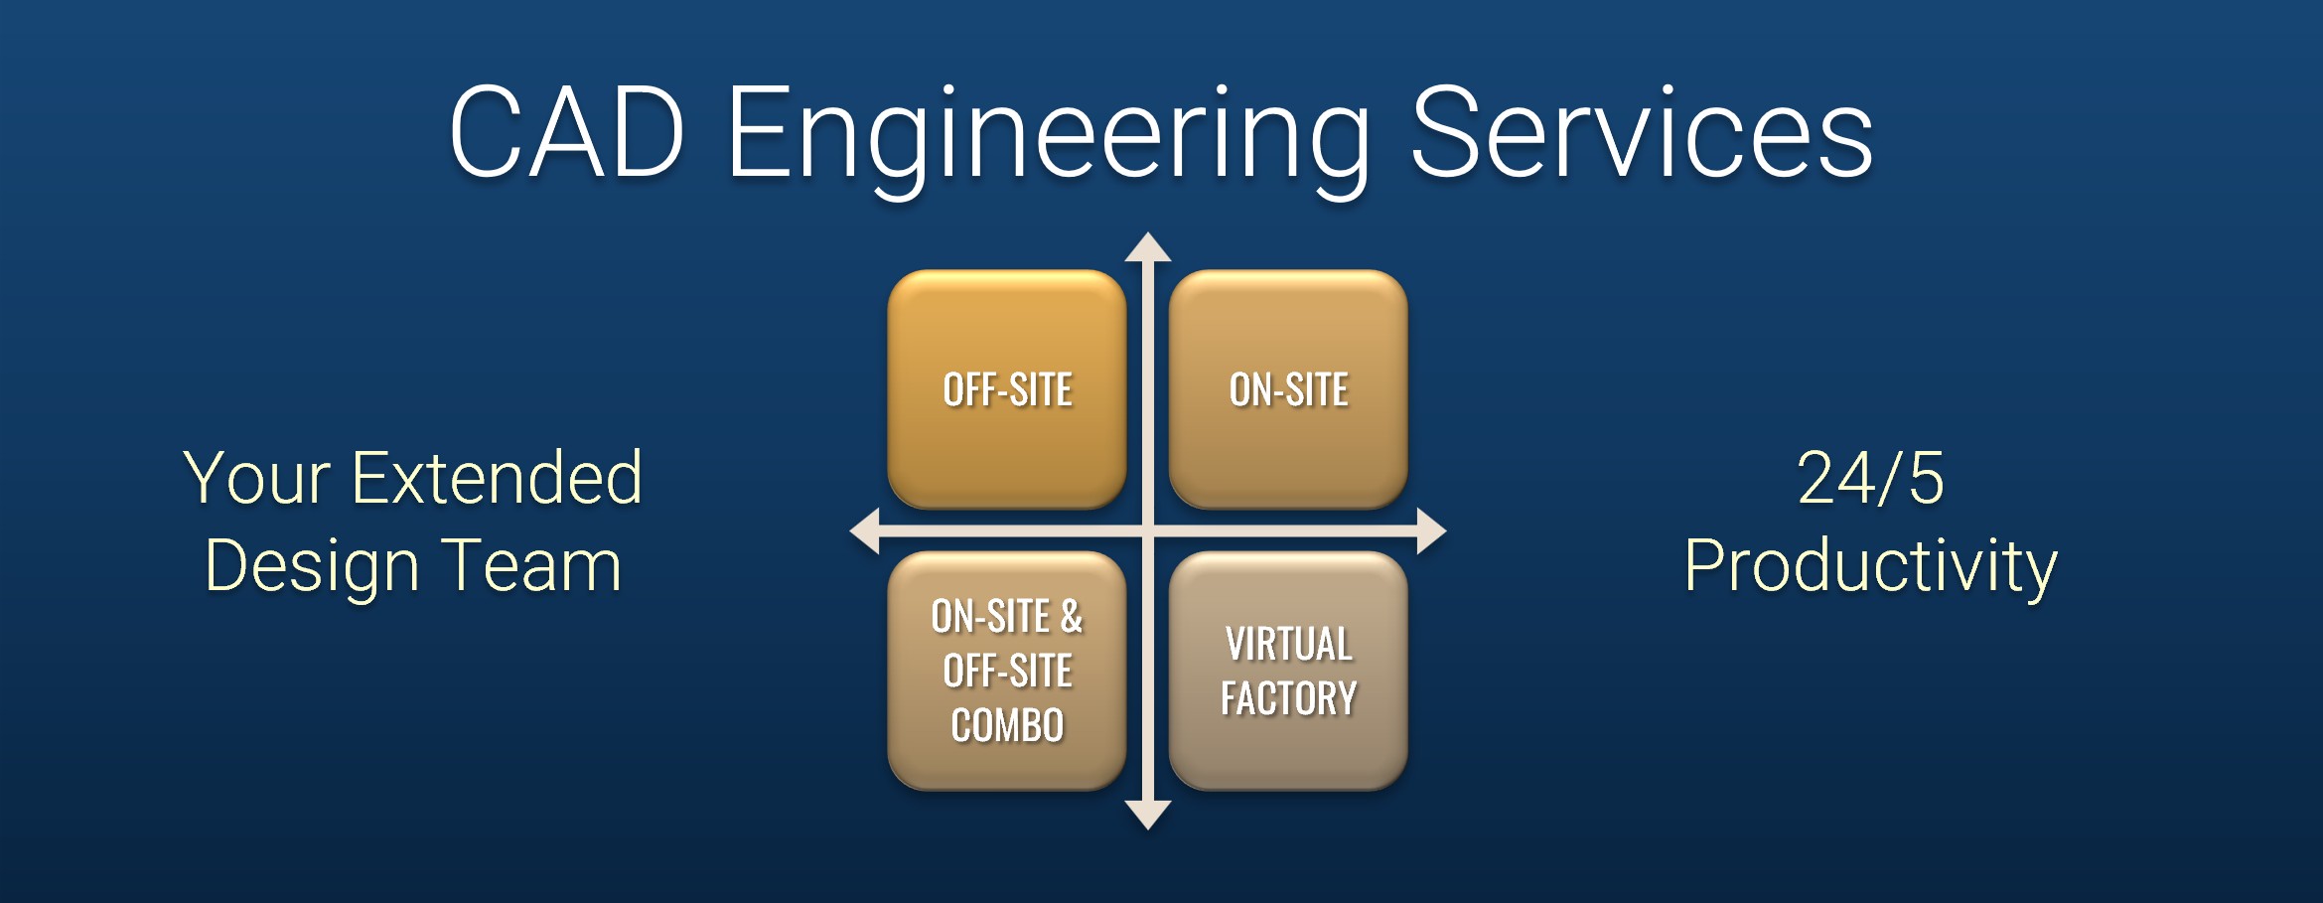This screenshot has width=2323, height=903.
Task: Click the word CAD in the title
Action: pos(566,133)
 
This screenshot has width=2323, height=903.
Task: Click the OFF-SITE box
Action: pos(1007,389)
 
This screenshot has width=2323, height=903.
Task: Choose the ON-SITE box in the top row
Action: pos(1288,389)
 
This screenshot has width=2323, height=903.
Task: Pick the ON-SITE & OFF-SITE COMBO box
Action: pos(1007,671)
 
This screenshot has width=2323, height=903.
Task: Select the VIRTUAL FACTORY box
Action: pos(1288,671)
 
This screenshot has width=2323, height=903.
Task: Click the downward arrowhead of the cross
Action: pos(1148,815)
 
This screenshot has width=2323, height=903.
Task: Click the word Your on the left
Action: pos(256,479)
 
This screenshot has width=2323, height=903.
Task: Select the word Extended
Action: pos(497,479)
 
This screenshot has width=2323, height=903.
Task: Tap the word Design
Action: pos(311,566)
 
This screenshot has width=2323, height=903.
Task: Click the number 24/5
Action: pos(1870,479)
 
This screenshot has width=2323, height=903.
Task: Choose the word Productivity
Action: pos(1870,566)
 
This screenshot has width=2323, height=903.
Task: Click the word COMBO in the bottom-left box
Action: pos(1007,725)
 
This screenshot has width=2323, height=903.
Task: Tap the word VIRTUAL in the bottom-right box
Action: pos(1288,644)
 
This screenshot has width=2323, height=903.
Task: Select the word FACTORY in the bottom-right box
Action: pos(1288,698)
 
